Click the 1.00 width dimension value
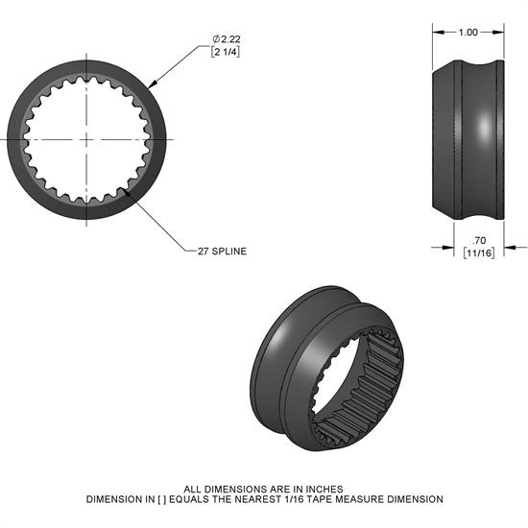[x=468, y=33]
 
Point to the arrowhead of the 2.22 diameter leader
[x=149, y=84]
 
